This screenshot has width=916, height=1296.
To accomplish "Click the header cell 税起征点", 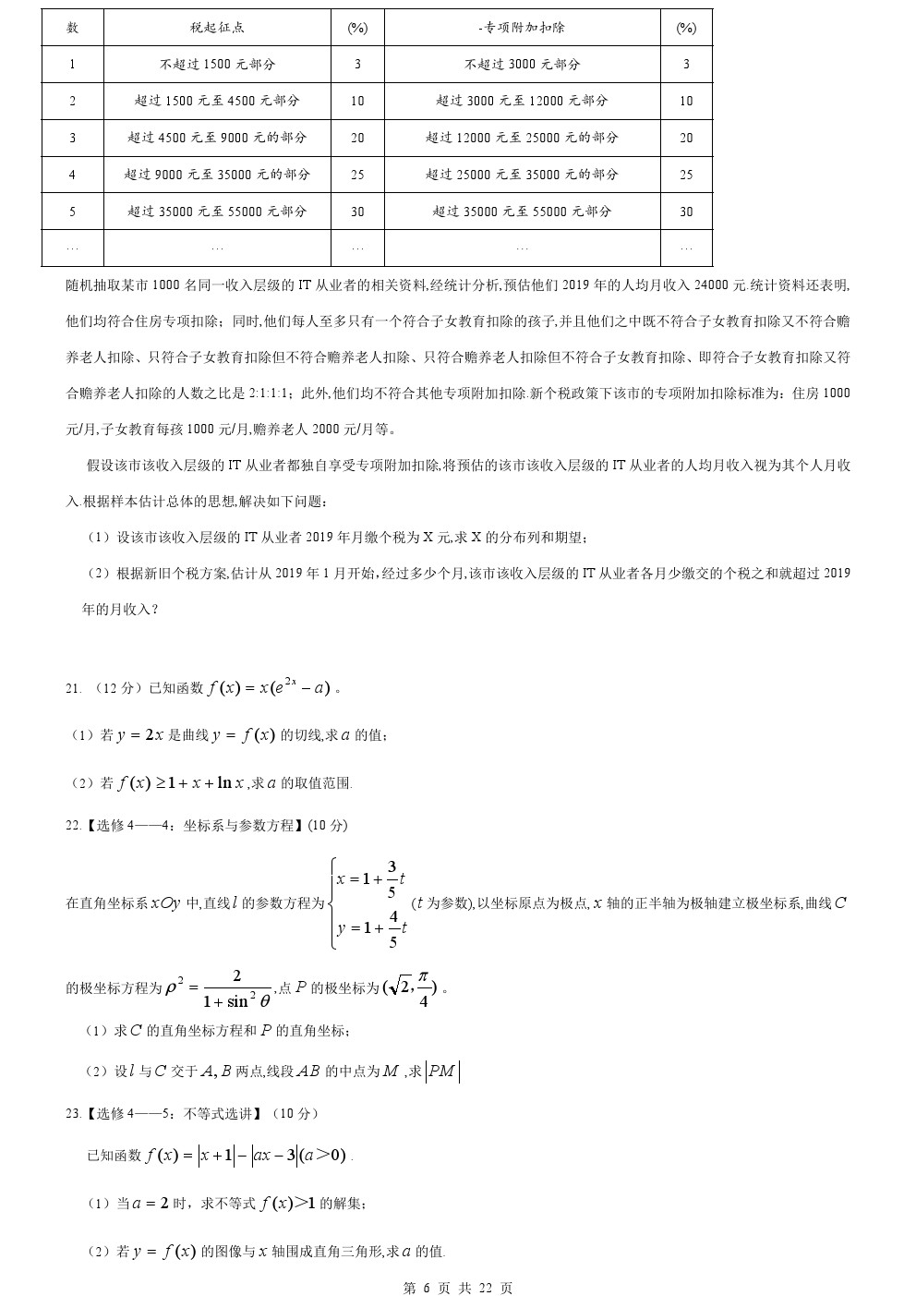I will click(217, 28).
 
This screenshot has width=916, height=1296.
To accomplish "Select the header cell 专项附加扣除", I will click(523, 28).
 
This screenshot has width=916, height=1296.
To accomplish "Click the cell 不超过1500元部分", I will click(217, 65).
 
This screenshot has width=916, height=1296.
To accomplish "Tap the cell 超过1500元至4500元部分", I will click(217, 101).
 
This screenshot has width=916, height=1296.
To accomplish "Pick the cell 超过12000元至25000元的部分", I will click(523, 138).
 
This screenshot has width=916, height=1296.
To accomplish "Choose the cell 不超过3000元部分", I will click(523, 65).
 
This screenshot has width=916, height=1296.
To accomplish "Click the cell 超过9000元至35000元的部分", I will click(217, 175).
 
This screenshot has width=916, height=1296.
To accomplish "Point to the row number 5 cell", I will click(72, 212).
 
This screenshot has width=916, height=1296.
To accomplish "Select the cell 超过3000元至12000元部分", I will click(523, 101).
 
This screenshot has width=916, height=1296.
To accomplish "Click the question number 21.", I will click(73, 688).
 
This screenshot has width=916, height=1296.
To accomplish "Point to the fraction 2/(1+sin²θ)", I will click(236, 988).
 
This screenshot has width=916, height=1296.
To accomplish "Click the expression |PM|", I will click(442, 1072).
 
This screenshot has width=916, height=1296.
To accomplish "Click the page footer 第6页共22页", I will click(458, 1288).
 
